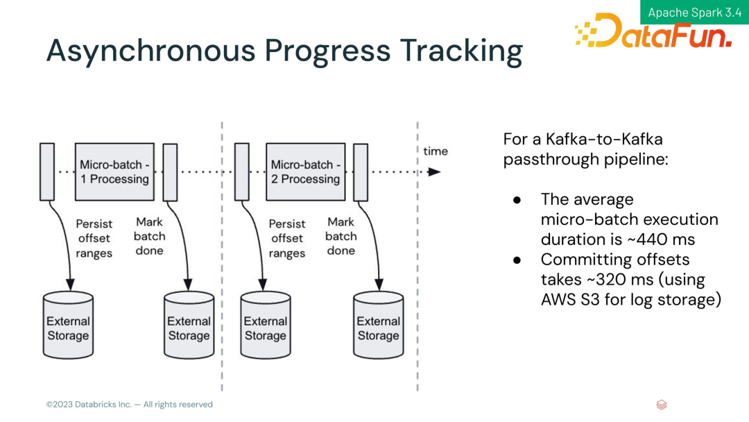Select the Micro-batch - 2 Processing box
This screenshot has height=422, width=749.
coord(305,171)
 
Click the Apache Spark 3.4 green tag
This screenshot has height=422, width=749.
coord(694,12)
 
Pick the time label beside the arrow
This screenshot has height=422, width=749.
coord(436,151)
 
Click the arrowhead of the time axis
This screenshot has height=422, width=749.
coord(434,171)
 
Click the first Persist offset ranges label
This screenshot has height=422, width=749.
coord(94,238)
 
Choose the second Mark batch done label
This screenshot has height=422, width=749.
coord(341,236)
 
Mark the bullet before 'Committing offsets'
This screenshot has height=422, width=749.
coord(517,260)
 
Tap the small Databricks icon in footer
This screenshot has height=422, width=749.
coord(661,405)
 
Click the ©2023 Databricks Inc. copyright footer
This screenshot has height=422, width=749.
coord(129,405)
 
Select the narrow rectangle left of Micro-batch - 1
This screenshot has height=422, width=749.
coord(47,171)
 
